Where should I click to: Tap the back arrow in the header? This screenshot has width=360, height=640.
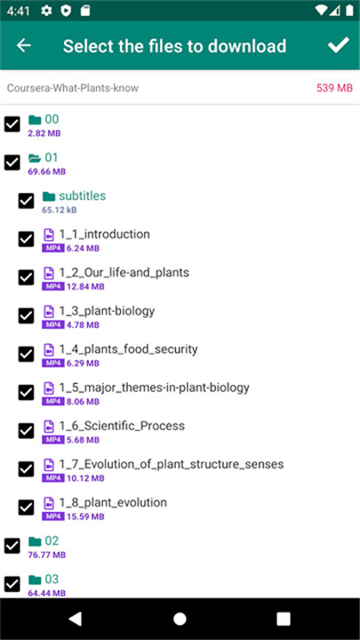pos(24,45)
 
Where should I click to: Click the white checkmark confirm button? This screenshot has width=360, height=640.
pos(339,45)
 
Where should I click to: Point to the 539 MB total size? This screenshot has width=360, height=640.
pos(334,88)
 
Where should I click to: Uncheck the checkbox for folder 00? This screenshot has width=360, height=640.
pos(12,124)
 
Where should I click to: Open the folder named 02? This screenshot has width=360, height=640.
pos(52,540)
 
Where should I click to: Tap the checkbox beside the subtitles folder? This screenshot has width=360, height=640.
pos(26,201)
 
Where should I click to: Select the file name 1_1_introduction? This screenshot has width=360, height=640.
pos(105,235)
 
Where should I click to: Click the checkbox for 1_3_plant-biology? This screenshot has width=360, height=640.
pos(26,316)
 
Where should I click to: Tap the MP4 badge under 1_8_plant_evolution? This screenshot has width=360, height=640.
pos(53,516)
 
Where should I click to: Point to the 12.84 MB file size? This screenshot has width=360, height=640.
pos(85,286)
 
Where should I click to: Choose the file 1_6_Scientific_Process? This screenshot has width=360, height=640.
pos(122,426)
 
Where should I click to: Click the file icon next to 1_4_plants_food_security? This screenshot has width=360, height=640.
pos(49,350)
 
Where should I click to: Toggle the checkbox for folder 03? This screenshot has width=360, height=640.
pos(12,584)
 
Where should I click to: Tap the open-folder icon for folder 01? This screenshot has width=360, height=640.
pos(35,158)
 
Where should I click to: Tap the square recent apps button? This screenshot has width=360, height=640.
pos(284,619)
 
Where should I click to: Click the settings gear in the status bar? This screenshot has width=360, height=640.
pos(46,11)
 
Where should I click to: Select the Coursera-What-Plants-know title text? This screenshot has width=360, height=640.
pos(73,88)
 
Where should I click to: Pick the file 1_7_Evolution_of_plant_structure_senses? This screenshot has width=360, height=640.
pos(172,464)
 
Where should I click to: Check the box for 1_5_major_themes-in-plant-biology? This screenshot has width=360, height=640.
pos(26,393)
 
